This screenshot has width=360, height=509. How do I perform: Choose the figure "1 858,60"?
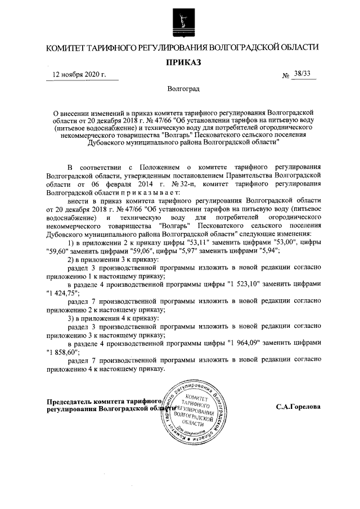click(63, 351)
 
